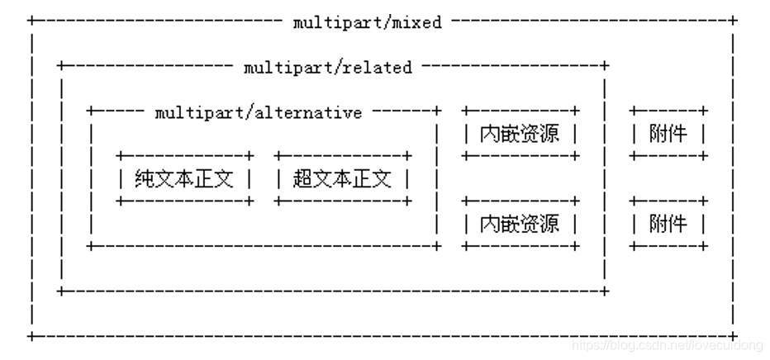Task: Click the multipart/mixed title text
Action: pos(367,23)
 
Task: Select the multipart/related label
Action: pos(327,68)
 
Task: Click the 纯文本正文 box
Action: pos(185,178)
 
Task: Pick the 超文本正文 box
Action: pos(342,178)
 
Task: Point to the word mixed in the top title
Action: pos(416,23)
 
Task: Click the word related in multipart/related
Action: pos(382,68)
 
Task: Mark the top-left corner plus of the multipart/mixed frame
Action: pos(31,19)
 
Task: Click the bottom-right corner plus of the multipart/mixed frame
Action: pos(733,336)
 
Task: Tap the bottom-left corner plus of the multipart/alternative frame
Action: pos(90,245)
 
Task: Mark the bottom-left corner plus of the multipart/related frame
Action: pos(60,291)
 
